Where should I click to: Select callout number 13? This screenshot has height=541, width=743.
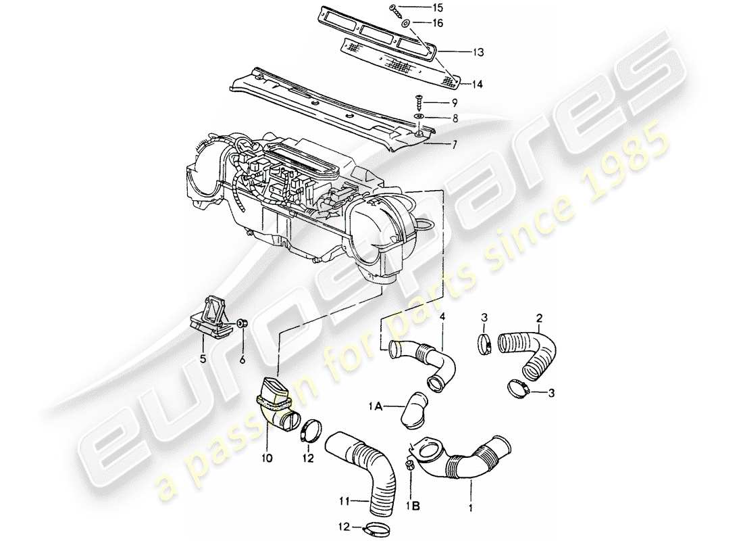[459, 51]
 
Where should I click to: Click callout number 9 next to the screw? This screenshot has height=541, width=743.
[455, 103]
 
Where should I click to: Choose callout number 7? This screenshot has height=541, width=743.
[455, 144]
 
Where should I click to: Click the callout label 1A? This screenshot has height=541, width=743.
[375, 406]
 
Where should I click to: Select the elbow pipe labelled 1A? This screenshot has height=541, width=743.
[414, 408]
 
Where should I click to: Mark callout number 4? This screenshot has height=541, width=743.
[442, 316]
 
